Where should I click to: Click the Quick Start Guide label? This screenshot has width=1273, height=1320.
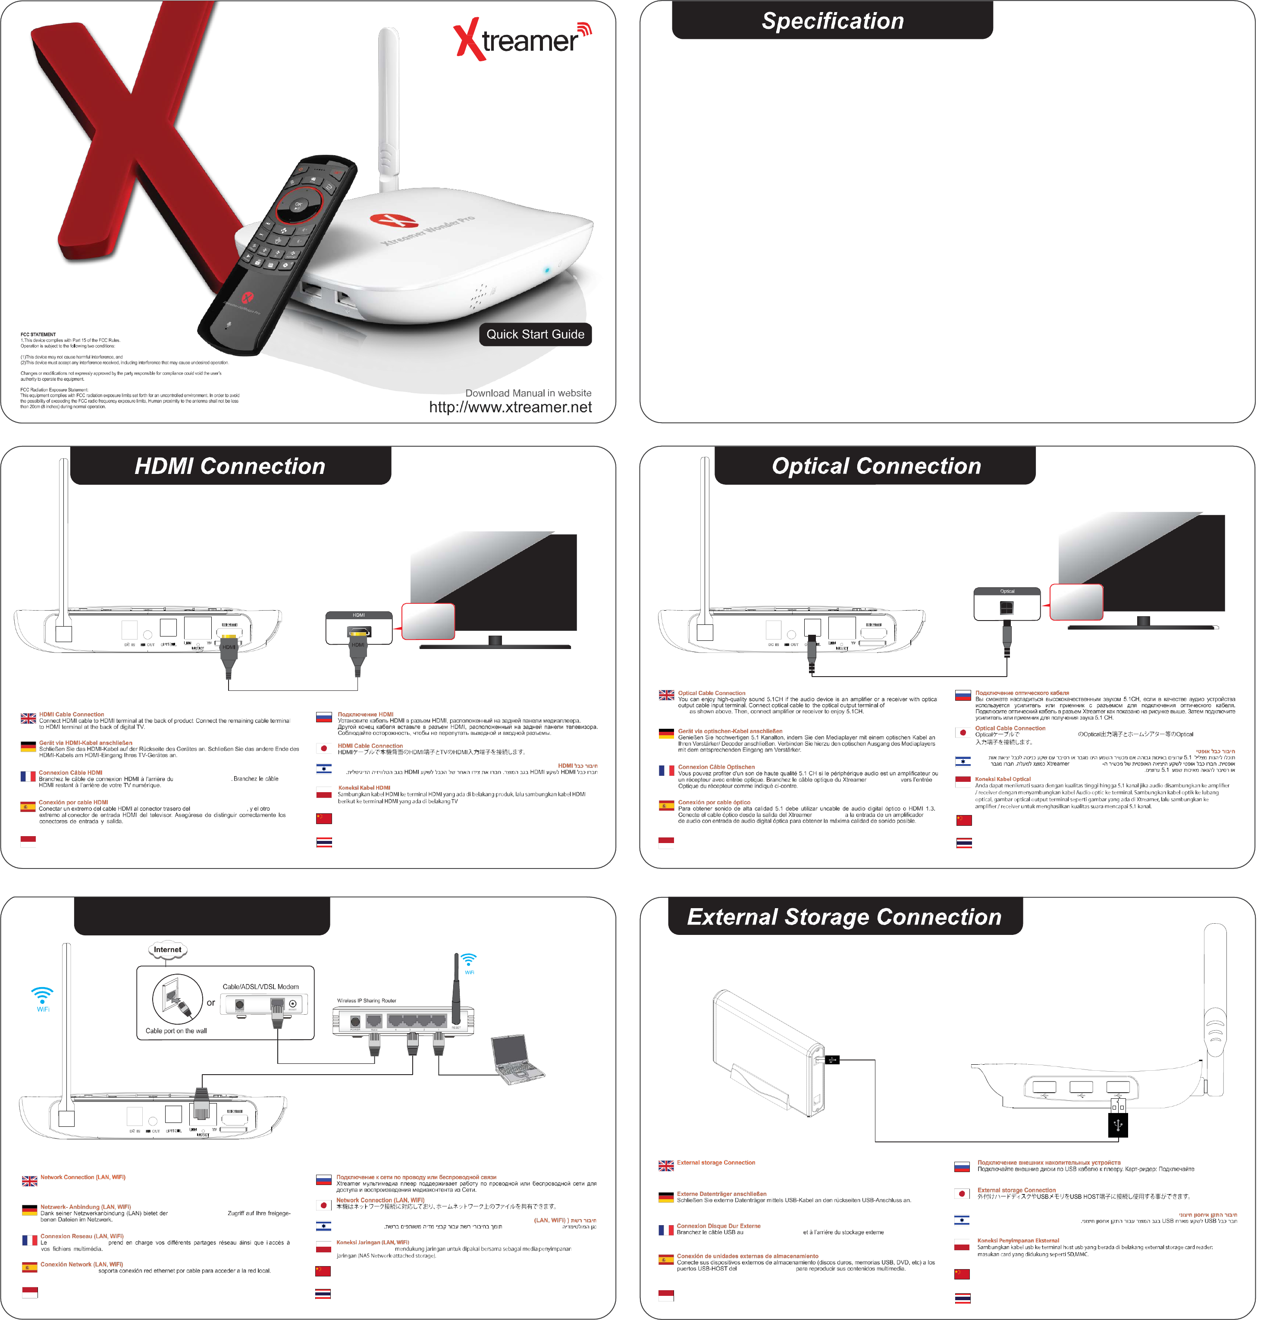[536, 335]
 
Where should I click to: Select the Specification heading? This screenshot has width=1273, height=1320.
[833, 21]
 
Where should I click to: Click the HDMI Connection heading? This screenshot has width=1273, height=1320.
[230, 466]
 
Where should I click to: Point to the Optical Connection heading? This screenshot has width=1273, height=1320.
[875, 466]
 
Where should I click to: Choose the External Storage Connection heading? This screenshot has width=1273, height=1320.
[844, 917]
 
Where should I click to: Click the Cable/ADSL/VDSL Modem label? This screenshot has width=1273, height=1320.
[260, 987]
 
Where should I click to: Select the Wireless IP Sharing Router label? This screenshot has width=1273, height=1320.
[367, 1001]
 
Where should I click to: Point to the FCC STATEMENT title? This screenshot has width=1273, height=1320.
[38, 335]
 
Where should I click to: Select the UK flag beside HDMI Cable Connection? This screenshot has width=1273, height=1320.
[28, 718]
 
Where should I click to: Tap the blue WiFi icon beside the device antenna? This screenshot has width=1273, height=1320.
[42, 995]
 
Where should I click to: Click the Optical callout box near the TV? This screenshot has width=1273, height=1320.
[1007, 603]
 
